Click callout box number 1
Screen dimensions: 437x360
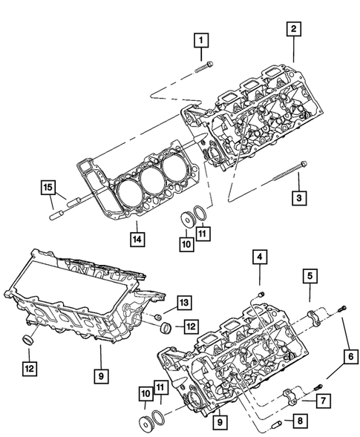(202, 39)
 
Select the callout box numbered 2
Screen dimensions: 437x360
(294, 29)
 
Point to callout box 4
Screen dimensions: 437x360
(260, 258)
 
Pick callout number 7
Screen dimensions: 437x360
(324, 401)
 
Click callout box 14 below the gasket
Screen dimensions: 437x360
(137, 239)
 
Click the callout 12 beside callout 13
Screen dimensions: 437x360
(191, 325)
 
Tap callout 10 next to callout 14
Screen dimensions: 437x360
(186, 243)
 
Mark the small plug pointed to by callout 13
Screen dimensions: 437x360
(160, 316)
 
